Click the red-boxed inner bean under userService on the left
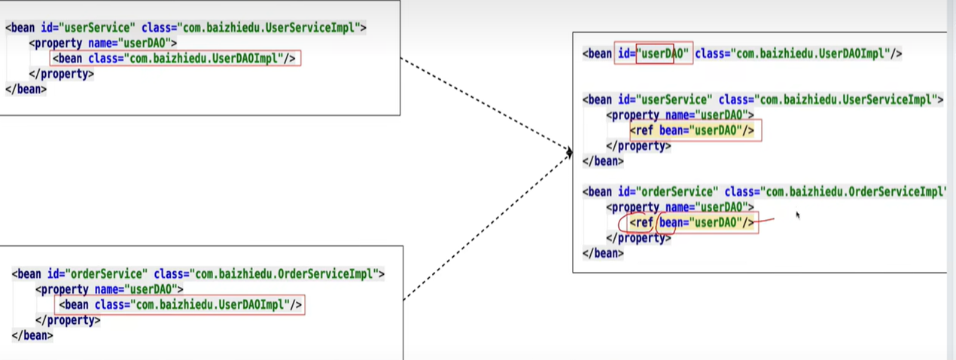tap(175, 58)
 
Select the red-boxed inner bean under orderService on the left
tap(180, 304)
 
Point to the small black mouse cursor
tap(797, 215)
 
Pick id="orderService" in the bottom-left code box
tap(96, 274)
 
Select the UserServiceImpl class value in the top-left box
tap(270, 28)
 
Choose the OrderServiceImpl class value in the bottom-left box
tap(288, 274)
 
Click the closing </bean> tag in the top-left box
tap(26, 89)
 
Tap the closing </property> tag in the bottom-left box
tap(67, 320)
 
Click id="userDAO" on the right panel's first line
tap(653, 53)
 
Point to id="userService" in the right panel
tap(665, 99)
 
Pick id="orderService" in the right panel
tap(668, 191)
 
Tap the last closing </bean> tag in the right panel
tap(603, 253)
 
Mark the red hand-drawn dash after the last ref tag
tap(766, 221)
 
